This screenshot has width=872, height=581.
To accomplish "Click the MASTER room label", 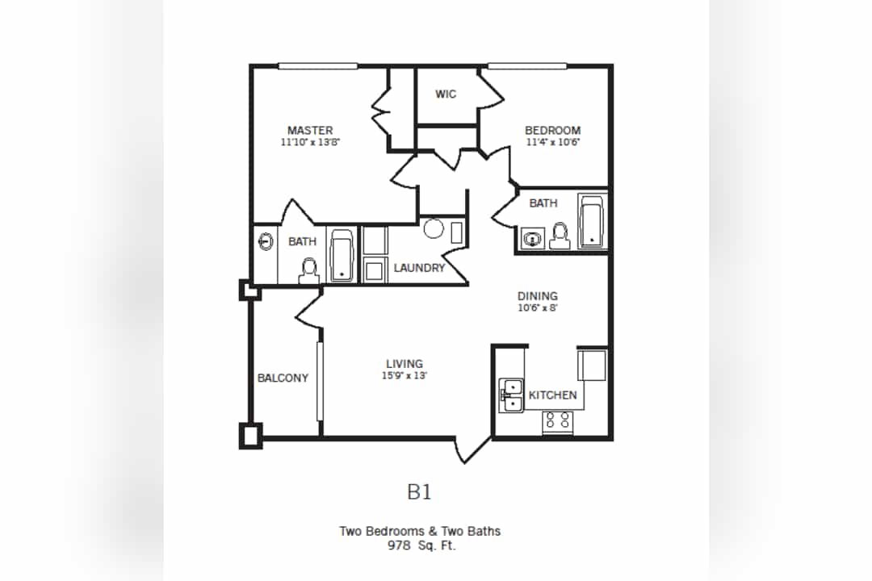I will [x=310, y=131].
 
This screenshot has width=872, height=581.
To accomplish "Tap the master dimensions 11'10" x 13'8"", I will [x=310, y=143].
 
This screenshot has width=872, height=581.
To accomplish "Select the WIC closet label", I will [x=446, y=94].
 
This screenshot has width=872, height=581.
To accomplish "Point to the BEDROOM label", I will [x=552, y=131].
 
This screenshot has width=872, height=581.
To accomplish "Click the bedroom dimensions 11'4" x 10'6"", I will [x=553, y=143].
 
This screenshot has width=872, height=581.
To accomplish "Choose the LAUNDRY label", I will [x=419, y=268].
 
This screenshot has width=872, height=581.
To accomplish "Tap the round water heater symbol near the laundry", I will [x=434, y=228].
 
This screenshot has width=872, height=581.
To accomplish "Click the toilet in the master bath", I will [x=308, y=270].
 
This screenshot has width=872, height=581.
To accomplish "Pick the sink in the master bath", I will [x=265, y=241].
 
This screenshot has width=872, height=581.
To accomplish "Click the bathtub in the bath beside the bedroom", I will [x=592, y=220].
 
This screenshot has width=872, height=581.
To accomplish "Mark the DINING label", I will [x=538, y=296].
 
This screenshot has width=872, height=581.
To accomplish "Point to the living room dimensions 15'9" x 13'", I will [x=404, y=375].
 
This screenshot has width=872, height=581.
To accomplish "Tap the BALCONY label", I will [x=283, y=378].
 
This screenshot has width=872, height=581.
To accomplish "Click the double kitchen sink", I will [x=511, y=395].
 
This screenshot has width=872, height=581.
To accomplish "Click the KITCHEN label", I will [x=553, y=395].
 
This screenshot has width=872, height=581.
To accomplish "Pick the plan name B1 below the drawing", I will [x=419, y=491].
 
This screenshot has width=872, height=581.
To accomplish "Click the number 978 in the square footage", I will [x=400, y=545].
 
